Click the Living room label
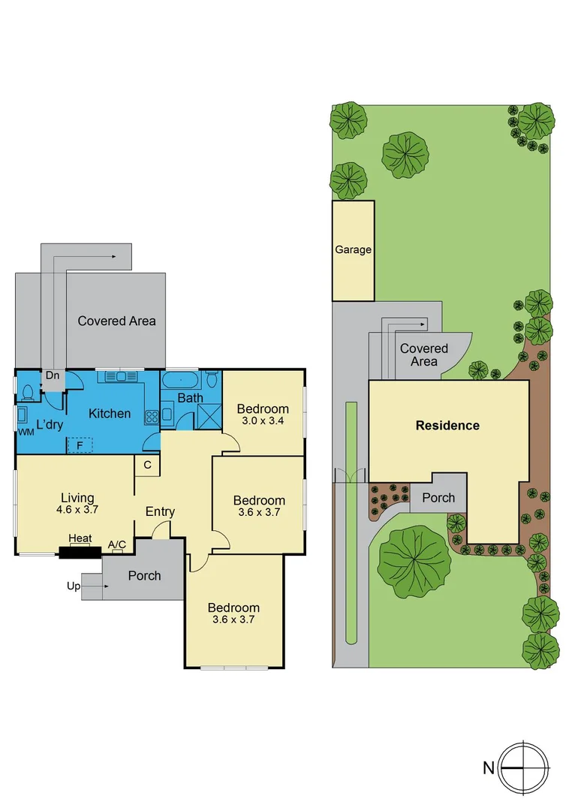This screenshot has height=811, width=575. tap(77, 497)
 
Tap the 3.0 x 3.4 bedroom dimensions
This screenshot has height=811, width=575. tap(263, 421)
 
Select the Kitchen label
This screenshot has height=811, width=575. tap(110, 413)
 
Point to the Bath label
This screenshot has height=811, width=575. tap(190, 397)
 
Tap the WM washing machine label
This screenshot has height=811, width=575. tap(26, 433)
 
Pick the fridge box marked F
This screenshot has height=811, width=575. tap(79, 445)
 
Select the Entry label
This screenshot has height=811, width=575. tap(160, 511)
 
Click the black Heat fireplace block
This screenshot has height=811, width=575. tap(80, 553)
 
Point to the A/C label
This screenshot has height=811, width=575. tap(117, 544)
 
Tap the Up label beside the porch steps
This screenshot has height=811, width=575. tap(74, 586)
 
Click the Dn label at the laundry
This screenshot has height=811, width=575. tap(53, 375)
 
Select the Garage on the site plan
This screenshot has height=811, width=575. tap(353, 250)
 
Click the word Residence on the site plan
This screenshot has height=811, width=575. tap(447, 426)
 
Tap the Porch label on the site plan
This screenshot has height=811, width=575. tap(438, 497)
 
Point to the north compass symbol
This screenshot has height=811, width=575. tap(522, 768)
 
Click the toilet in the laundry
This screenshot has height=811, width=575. tap(29, 392)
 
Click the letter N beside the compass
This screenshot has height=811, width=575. tap(489, 768)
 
